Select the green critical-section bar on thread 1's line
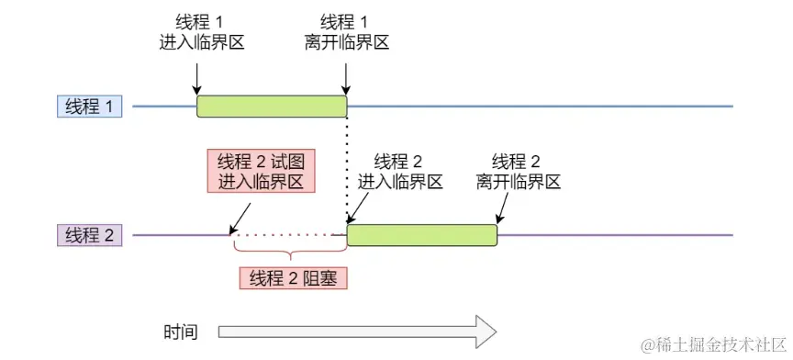coord(272,106)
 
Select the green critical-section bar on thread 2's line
coord(421,234)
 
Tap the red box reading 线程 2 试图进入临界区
coord(262,171)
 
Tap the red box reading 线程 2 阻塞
coord(294,277)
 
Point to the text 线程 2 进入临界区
coord(399,170)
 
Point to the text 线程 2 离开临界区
coord(519,170)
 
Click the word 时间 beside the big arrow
coord(181,332)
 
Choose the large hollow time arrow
coord(357,332)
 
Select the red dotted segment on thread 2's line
coord(289,235)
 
